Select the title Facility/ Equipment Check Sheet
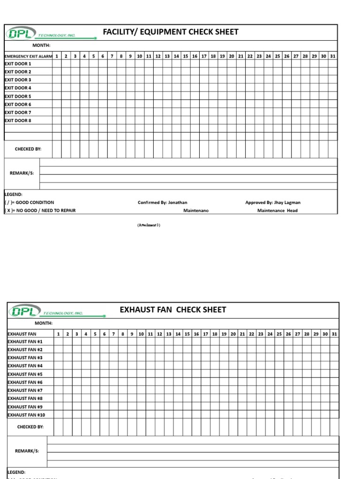coord(171,32)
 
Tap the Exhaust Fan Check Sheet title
coord(173,310)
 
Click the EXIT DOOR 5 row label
coord(18,96)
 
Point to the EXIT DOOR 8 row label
coord(18,120)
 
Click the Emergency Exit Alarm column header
coord(28,56)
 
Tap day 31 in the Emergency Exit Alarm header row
coord(333,56)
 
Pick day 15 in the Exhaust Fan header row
coord(187,334)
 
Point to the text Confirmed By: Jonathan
coord(162,203)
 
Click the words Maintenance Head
coord(277,210)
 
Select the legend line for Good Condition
coord(29,203)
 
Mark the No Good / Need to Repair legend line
coord(40,210)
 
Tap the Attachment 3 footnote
coord(149,225)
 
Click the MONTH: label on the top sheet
coord(41,45)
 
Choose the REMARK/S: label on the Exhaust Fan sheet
coord(27,451)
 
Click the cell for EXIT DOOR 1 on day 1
coord(57,64)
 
